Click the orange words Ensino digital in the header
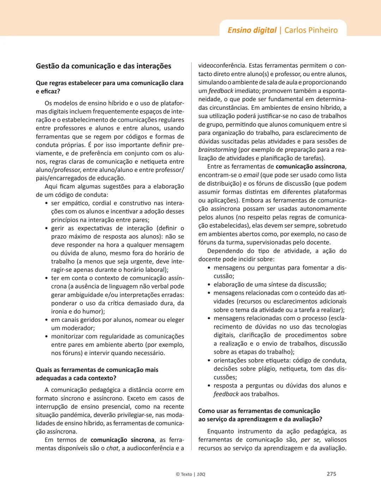[x=252, y=30]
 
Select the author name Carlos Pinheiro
[x=311, y=30]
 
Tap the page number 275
[x=331, y=474]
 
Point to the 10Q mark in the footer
[x=201, y=474]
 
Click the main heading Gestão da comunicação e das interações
[x=103, y=66]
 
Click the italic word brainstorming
[x=217, y=150]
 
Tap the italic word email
[x=251, y=175]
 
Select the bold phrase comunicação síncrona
[x=122, y=440]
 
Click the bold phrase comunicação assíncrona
[x=310, y=167]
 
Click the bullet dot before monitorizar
[x=47, y=336]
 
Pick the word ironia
[x=59, y=311]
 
